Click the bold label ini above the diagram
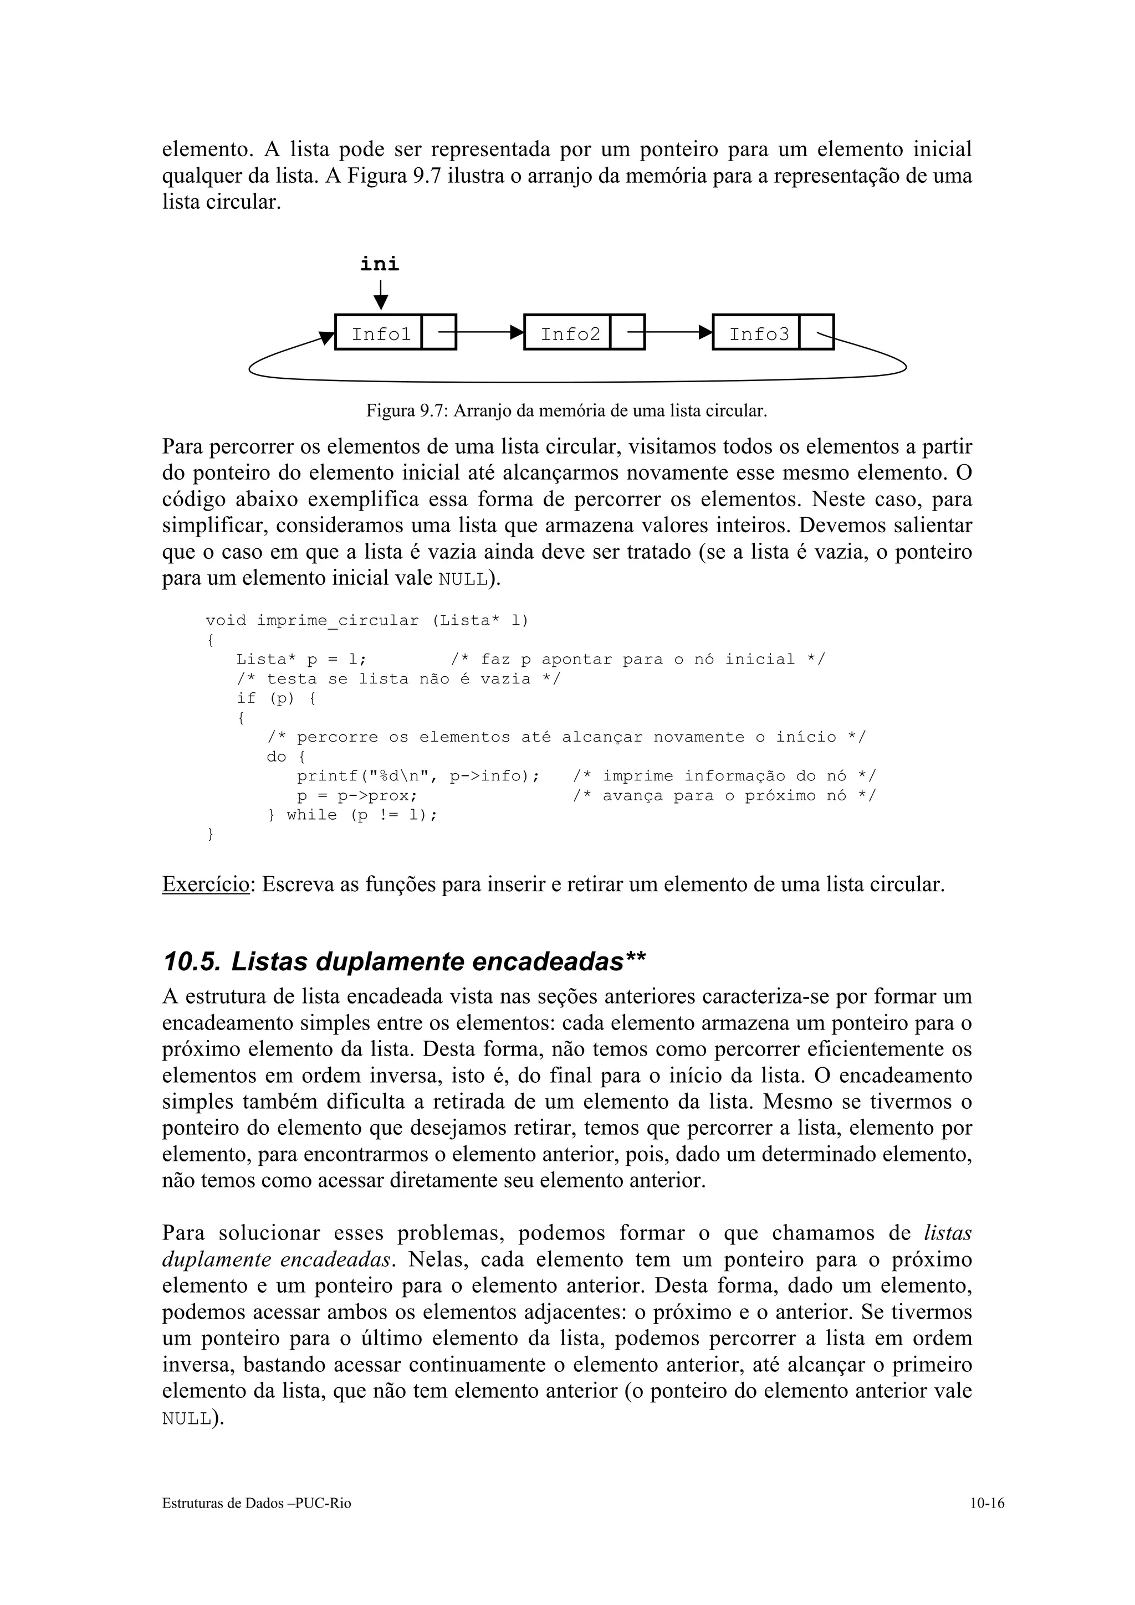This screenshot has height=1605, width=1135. tap(379, 264)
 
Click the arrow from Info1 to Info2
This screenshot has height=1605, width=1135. tap(489, 332)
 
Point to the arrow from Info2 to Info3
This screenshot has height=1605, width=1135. tap(678, 332)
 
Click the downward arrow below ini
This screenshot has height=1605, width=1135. tap(380, 295)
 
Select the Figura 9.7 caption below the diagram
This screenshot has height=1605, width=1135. tap(566, 411)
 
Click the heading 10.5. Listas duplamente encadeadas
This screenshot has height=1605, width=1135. tap(403, 962)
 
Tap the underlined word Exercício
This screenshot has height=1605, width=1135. tap(206, 884)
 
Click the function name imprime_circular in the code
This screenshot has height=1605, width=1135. tap(337, 621)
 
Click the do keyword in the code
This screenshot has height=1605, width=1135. tap(276, 757)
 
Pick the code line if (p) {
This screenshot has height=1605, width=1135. tap(275, 698)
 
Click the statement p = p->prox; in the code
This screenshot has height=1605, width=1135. tap(357, 795)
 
